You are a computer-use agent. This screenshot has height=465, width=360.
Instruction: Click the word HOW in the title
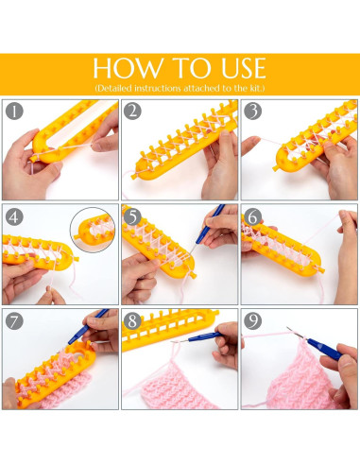coord(128,68)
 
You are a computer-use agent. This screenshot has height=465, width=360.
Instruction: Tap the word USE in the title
coord(244,68)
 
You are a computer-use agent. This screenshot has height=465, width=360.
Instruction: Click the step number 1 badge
coord(14,111)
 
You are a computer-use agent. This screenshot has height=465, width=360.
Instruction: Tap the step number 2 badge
coord(132,111)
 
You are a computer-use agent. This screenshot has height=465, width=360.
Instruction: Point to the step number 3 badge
coord(252,111)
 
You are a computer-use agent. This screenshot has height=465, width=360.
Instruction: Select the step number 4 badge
coord(14,216)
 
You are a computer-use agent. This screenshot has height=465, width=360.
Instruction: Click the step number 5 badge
coord(132,216)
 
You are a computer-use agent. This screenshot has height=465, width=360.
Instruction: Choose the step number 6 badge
coord(252,216)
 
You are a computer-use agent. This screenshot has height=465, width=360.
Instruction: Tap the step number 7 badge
coord(14,321)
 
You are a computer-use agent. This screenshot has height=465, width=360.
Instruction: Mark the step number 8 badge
coord(132,321)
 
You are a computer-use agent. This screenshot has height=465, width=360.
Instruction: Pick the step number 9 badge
coord(252,321)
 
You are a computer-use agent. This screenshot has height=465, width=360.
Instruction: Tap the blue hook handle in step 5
coord(211,224)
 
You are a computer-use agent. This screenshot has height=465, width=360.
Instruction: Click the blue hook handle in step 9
coord(324,350)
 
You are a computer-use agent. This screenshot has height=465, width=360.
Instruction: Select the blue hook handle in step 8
coord(205,336)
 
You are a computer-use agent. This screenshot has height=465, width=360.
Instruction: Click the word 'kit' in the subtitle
coord(256,88)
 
